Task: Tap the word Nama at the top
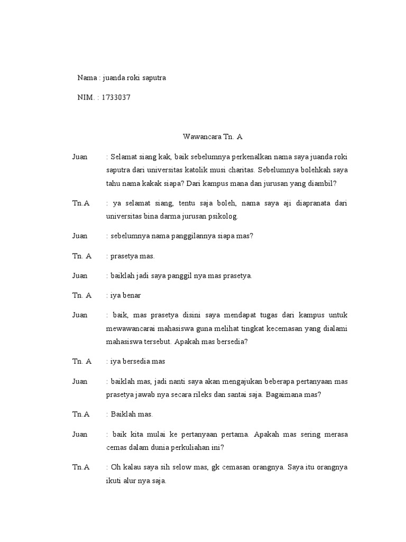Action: [x=87, y=78]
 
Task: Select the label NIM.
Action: [x=85, y=97]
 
